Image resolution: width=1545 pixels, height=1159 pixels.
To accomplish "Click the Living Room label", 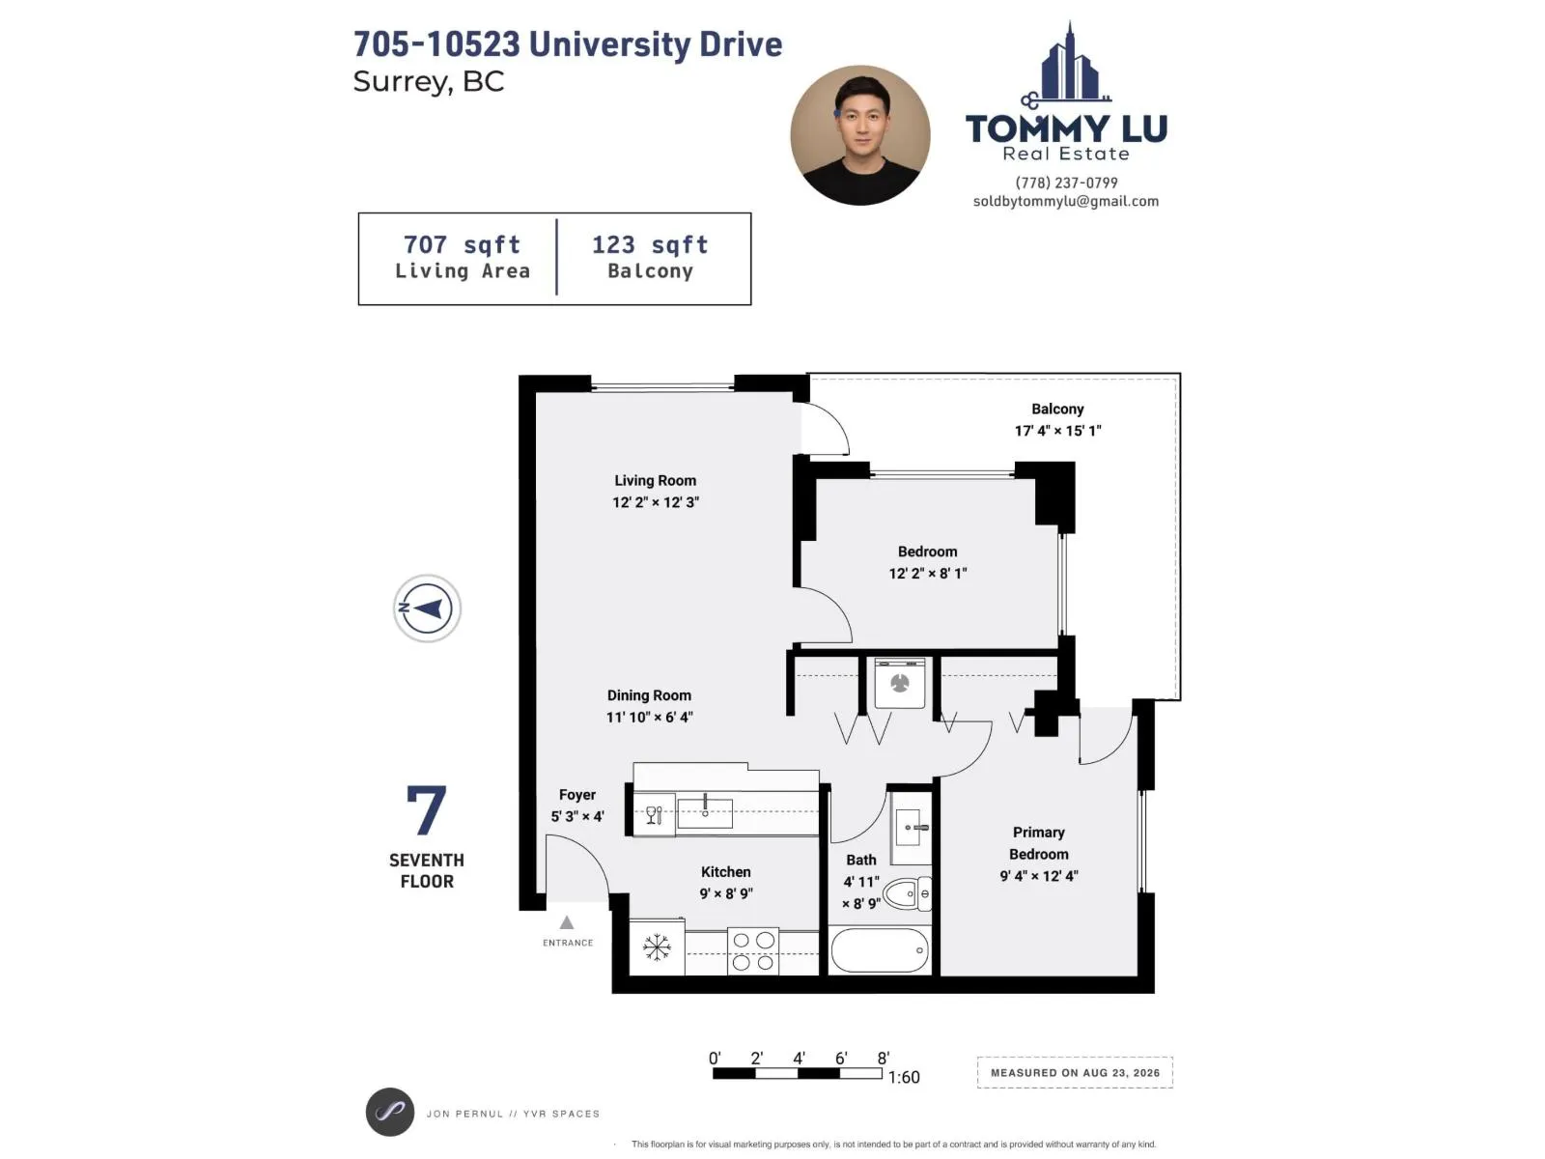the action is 655,481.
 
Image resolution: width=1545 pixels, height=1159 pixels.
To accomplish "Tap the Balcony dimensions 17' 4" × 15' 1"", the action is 1057,431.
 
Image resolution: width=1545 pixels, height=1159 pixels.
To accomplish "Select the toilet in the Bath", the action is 907,893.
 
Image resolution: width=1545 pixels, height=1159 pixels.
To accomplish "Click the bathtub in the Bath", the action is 880,950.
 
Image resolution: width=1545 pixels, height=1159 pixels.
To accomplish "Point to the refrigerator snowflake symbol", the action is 656,947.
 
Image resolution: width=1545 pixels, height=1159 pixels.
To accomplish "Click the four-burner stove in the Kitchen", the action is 752,950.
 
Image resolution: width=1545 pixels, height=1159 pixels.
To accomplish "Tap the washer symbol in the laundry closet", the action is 899,683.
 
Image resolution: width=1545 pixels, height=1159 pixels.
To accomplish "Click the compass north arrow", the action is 427,608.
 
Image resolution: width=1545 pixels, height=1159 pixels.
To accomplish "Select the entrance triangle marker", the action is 567,921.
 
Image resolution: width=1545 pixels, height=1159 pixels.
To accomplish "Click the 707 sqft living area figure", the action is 462,245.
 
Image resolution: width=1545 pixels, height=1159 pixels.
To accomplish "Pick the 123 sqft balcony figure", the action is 650,245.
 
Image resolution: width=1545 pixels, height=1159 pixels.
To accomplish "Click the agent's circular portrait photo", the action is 860,136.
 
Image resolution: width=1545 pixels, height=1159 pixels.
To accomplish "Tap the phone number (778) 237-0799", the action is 1066,183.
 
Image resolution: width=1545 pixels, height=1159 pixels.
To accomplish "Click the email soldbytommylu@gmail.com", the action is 1066,201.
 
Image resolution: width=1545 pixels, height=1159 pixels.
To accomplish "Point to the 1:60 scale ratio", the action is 904,1077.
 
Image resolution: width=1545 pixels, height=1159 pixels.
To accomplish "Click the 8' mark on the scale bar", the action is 884,1059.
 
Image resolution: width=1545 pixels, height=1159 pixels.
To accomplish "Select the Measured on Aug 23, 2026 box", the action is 1075,1072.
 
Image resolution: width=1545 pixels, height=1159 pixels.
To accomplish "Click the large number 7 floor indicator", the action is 427,809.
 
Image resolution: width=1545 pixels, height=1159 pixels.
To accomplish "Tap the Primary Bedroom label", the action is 1039,843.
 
